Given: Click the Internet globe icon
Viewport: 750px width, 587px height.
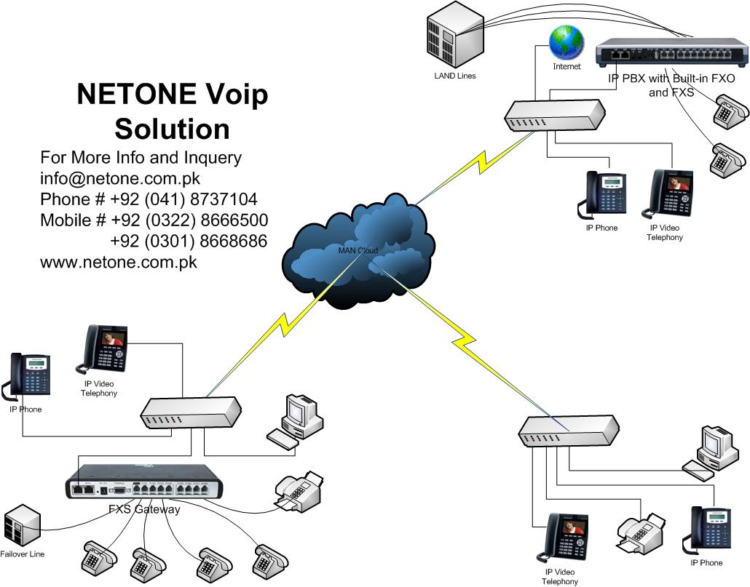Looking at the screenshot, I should pos(567,42).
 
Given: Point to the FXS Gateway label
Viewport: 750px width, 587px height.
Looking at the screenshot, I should pos(143,509).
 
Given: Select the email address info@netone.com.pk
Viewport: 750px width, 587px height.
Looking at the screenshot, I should pos(120,178).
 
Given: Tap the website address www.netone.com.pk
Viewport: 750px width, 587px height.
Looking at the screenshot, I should pos(119,262).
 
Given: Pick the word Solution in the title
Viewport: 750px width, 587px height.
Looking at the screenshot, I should pos(172,129).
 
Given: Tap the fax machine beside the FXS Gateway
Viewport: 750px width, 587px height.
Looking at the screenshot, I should pos(299,491).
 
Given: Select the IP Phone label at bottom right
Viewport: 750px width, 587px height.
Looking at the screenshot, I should pos(706,563).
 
